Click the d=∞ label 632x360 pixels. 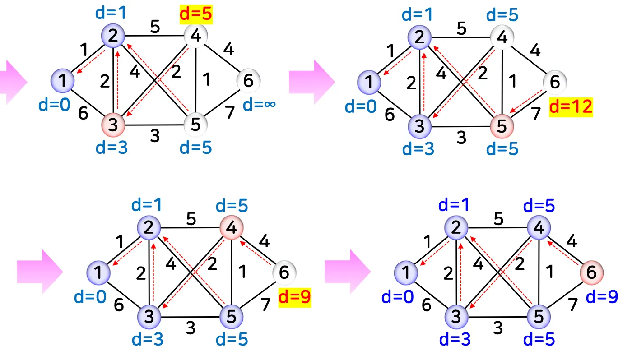259,105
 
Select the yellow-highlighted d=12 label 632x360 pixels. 571,108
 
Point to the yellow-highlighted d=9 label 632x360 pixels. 295,297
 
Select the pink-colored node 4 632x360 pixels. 231,228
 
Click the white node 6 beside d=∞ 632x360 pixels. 248,81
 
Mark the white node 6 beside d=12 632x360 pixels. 555,82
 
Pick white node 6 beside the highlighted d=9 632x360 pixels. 284,272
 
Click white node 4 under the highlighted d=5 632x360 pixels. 195,35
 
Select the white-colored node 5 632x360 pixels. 195,124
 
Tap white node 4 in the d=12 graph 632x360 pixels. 502,37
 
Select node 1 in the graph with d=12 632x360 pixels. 369,82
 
